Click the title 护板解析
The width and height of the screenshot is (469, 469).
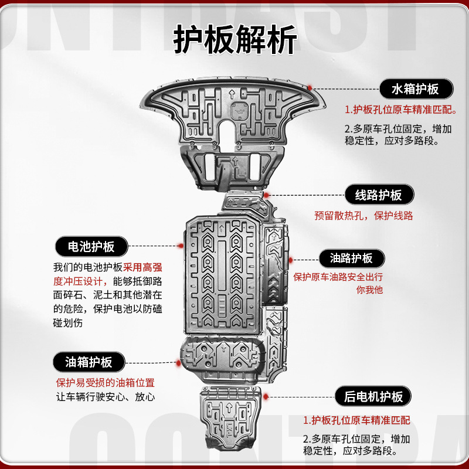[235, 39]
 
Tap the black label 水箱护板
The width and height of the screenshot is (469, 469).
[416, 89]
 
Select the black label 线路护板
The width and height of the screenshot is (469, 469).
[379, 195]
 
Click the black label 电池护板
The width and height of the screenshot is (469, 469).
[91, 246]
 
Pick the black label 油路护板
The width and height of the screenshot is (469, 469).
[352, 259]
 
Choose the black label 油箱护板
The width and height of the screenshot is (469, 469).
[89, 362]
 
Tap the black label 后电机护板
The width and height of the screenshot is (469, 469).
[373, 396]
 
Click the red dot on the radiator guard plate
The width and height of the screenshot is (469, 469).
[310, 87]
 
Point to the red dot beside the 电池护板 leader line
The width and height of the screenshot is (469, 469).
[181, 246]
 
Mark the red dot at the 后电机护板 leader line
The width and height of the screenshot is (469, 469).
[266, 397]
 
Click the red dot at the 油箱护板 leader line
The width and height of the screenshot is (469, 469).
[179, 363]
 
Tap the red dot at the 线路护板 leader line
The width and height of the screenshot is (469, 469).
[266, 195]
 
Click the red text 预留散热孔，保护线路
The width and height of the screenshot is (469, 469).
[363, 216]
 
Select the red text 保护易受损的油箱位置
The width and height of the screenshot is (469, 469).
[106, 383]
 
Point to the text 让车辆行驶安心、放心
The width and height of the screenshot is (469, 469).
[106, 397]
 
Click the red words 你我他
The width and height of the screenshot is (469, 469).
[369, 290]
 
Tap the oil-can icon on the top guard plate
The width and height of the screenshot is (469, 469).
[239, 110]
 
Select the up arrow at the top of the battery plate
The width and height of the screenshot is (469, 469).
[222, 229]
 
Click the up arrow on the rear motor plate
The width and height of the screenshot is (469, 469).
[230, 407]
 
